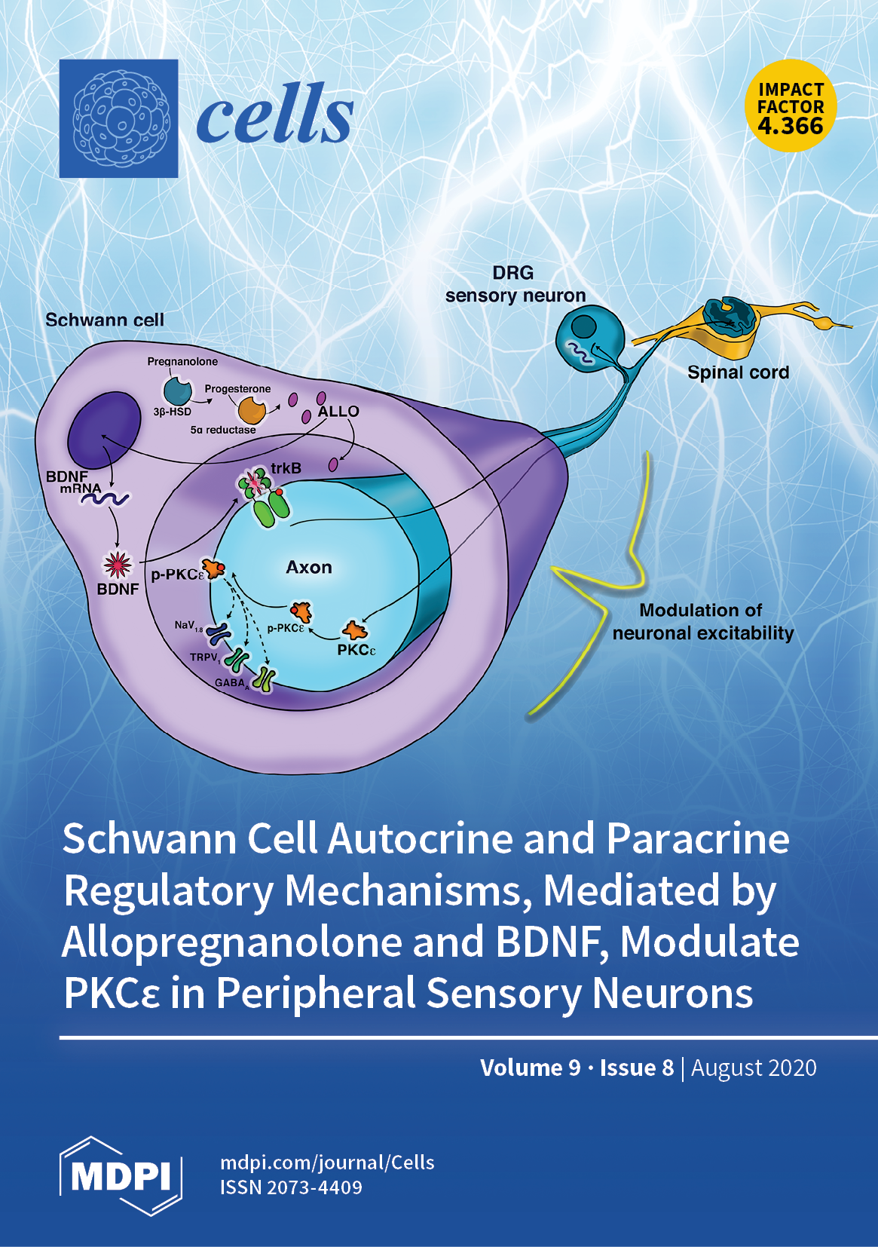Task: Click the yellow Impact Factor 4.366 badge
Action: point(791,106)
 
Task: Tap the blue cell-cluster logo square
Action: point(118,118)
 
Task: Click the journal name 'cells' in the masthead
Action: point(274,115)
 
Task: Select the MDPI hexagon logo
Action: point(121,1175)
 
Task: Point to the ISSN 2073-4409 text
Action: point(291,1187)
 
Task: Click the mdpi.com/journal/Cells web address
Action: point(327,1162)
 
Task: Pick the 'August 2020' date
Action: point(754,1068)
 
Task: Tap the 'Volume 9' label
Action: point(531,1068)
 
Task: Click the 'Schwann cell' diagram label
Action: point(105,320)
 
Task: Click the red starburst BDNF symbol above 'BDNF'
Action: point(118,564)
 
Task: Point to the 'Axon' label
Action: point(309,568)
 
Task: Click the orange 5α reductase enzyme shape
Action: point(252,411)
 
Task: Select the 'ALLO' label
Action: point(338,412)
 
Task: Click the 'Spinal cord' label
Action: point(738,372)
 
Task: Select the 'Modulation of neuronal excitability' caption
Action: point(702,621)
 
